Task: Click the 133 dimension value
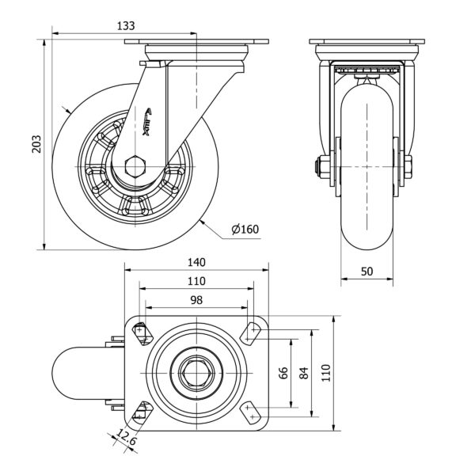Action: click(125, 25)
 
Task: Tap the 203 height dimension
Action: click(35, 142)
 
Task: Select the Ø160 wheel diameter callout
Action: click(245, 230)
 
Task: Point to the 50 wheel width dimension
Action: click(367, 271)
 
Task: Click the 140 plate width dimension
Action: click(196, 262)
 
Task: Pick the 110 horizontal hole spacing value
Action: click(196, 280)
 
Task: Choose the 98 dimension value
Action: click(196, 299)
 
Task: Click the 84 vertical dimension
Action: click(303, 374)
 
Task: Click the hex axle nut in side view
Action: click(135, 166)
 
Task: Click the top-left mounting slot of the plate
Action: click(143, 332)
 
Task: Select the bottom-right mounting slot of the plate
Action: click(251, 412)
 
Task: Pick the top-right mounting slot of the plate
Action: click(251, 332)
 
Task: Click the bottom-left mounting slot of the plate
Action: click(143, 412)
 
